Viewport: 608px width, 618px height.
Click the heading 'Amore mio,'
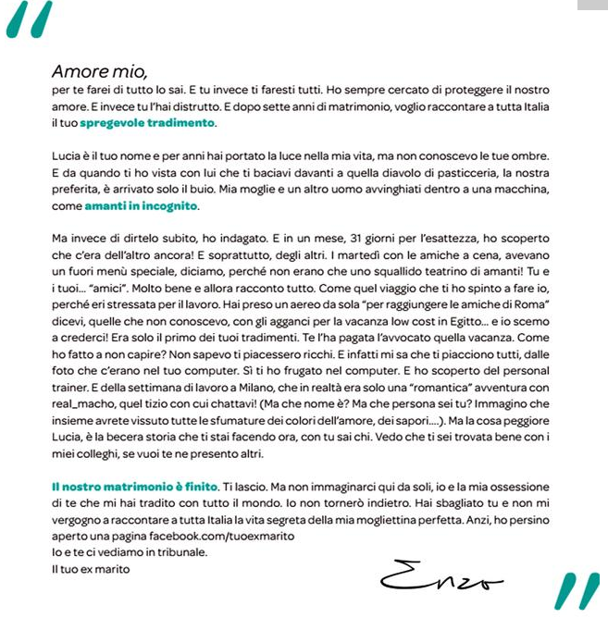coord(99,71)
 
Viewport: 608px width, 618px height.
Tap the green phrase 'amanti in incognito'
coord(142,206)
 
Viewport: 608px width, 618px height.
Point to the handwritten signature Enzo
coord(440,577)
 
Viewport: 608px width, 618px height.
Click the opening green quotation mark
coord(33,20)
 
